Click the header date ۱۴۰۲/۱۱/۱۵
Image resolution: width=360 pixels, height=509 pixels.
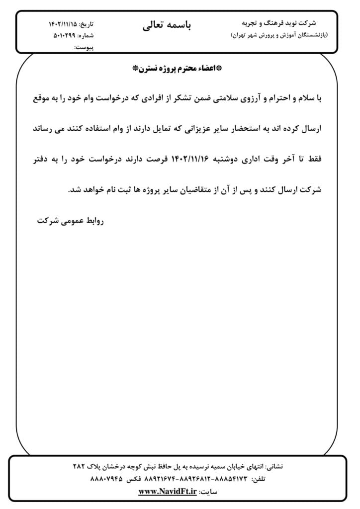coord(64,24)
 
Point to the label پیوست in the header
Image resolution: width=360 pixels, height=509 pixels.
coord(84,47)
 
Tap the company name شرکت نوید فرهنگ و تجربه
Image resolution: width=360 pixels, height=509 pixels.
coord(278,23)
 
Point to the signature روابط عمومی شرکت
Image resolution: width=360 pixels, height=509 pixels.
coord(70,220)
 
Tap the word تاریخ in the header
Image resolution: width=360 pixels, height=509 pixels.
coord(88,24)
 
